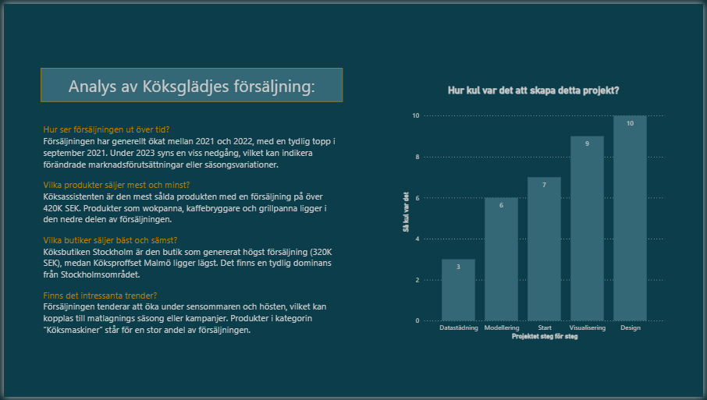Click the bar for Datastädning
[x=458, y=290]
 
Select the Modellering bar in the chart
[x=501, y=259]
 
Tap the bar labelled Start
[x=544, y=250]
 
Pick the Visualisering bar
[x=587, y=228]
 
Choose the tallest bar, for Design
[x=630, y=218]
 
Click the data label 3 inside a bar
[x=458, y=267]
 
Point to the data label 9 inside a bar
[x=587, y=143]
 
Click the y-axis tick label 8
[x=417, y=157]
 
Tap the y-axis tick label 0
[x=417, y=320]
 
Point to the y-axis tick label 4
[x=417, y=239]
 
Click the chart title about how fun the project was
[x=534, y=90]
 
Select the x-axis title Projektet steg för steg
[x=543, y=336]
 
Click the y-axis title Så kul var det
[x=406, y=212]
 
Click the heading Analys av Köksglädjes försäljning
[x=191, y=86]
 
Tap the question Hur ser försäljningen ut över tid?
[x=106, y=129]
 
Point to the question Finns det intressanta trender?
[x=100, y=296]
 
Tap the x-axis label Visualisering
[x=587, y=328]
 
